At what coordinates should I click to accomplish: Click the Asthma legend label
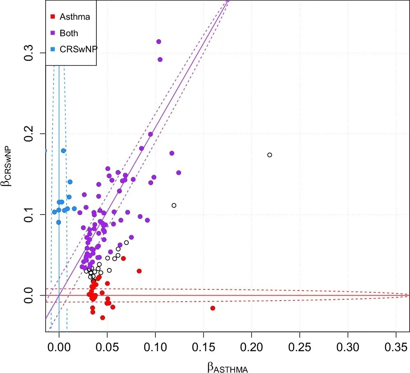click(75, 17)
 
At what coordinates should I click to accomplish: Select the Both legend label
click(69, 33)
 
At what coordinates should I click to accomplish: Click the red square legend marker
click(52, 17)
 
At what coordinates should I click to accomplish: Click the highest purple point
click(158, 42)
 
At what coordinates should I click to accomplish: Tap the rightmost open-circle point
click(270, 155)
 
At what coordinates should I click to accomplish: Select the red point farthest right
click(213, 308)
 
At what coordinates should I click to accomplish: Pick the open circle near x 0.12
click(174, 205)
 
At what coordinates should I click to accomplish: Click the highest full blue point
click(63, 151)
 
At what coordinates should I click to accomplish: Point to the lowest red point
click(102, 317)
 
